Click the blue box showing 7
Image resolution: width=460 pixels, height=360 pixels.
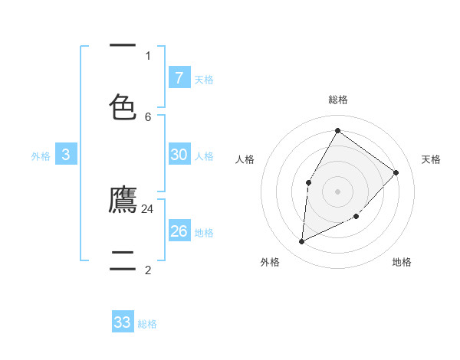pos(179,77)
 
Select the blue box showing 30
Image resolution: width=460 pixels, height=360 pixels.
pos(179,155)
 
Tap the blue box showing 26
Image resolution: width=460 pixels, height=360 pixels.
pos(179,231)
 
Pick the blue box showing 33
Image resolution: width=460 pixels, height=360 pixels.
pos(123,322)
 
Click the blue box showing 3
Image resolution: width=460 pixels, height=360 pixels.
pos(66,155)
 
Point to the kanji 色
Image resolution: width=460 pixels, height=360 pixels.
pos(123,106)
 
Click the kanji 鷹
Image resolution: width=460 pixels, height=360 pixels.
pos(123,200)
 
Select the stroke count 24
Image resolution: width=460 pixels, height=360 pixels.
pos(148,208)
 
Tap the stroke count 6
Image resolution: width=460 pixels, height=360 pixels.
pos(148,116)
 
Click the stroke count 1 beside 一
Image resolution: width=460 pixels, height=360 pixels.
pos(148,55)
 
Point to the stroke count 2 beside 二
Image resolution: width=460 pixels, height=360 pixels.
pos(148,270)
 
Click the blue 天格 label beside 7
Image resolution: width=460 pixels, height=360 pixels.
pos(204,79)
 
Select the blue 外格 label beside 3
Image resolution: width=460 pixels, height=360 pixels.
pos(41,156)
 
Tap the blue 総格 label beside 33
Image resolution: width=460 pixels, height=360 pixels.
pos(147,324)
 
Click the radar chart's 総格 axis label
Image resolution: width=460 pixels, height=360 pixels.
pos(338,100)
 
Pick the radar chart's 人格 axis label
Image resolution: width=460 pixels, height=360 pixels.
pos(245,159)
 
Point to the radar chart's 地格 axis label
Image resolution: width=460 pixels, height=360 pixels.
pos(402,262)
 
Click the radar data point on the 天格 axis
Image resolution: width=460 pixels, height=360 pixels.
pos(396,172)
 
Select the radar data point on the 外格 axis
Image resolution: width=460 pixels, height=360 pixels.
pos(302,242)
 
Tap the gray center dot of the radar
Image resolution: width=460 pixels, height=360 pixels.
pos(337,191)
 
